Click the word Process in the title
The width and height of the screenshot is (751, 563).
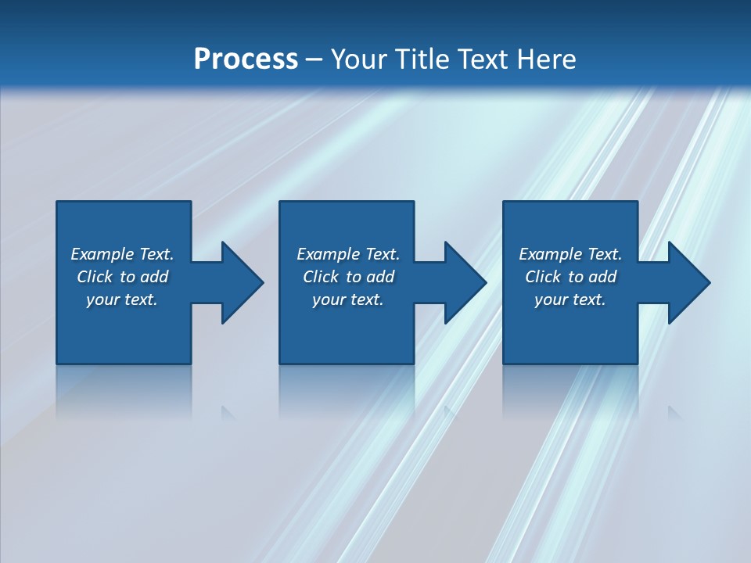tap(246, 59)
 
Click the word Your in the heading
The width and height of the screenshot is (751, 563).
tap(361, 59)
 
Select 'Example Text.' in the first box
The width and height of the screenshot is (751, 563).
tap(122, 254)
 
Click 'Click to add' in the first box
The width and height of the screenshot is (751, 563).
tap(122, 277)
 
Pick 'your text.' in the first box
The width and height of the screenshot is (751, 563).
tap(122, 299)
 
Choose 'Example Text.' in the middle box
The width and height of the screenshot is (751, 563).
tap(347, 254)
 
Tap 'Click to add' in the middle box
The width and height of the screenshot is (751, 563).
tap(347, 277)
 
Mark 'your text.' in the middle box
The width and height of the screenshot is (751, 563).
tap(347, 299)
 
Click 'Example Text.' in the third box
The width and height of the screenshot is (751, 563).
tap(570, 254)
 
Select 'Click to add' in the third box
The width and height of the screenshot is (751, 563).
tap(570, 277)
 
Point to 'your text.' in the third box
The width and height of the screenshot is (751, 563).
tap(570, 299)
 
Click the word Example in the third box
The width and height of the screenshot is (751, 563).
tap(550, 254)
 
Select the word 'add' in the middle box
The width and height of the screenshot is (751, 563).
tap(380, 277)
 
